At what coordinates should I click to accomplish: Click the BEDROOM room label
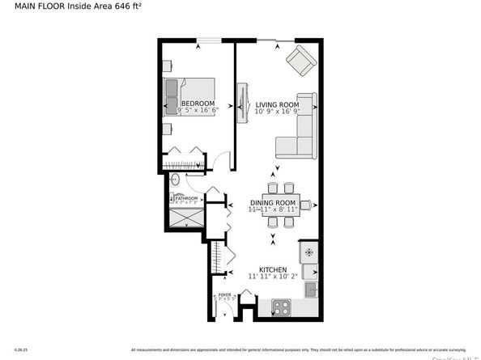[x=198, y=104]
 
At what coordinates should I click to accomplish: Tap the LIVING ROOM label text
[x=278, y=105]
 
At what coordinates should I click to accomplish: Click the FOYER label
[x=224, y=296]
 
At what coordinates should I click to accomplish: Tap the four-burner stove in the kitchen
[x=281, y=307]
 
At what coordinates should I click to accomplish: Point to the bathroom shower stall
[x=186, y=218]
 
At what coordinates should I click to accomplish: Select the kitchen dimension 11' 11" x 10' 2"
[x=273, y=277]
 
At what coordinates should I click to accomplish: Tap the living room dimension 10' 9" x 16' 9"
[x=278, y=112]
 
